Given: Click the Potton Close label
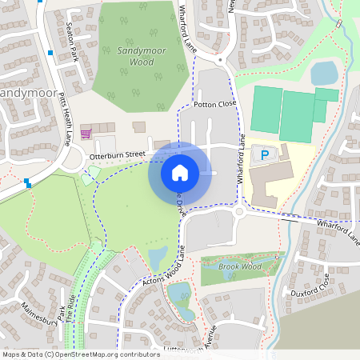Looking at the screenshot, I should (216, 105).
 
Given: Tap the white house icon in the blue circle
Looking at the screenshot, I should (180, 172).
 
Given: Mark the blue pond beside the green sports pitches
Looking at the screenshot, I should (324, 74).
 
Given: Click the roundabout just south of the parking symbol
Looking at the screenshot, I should (240, 212).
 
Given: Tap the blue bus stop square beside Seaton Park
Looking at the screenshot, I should (50, 54).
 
